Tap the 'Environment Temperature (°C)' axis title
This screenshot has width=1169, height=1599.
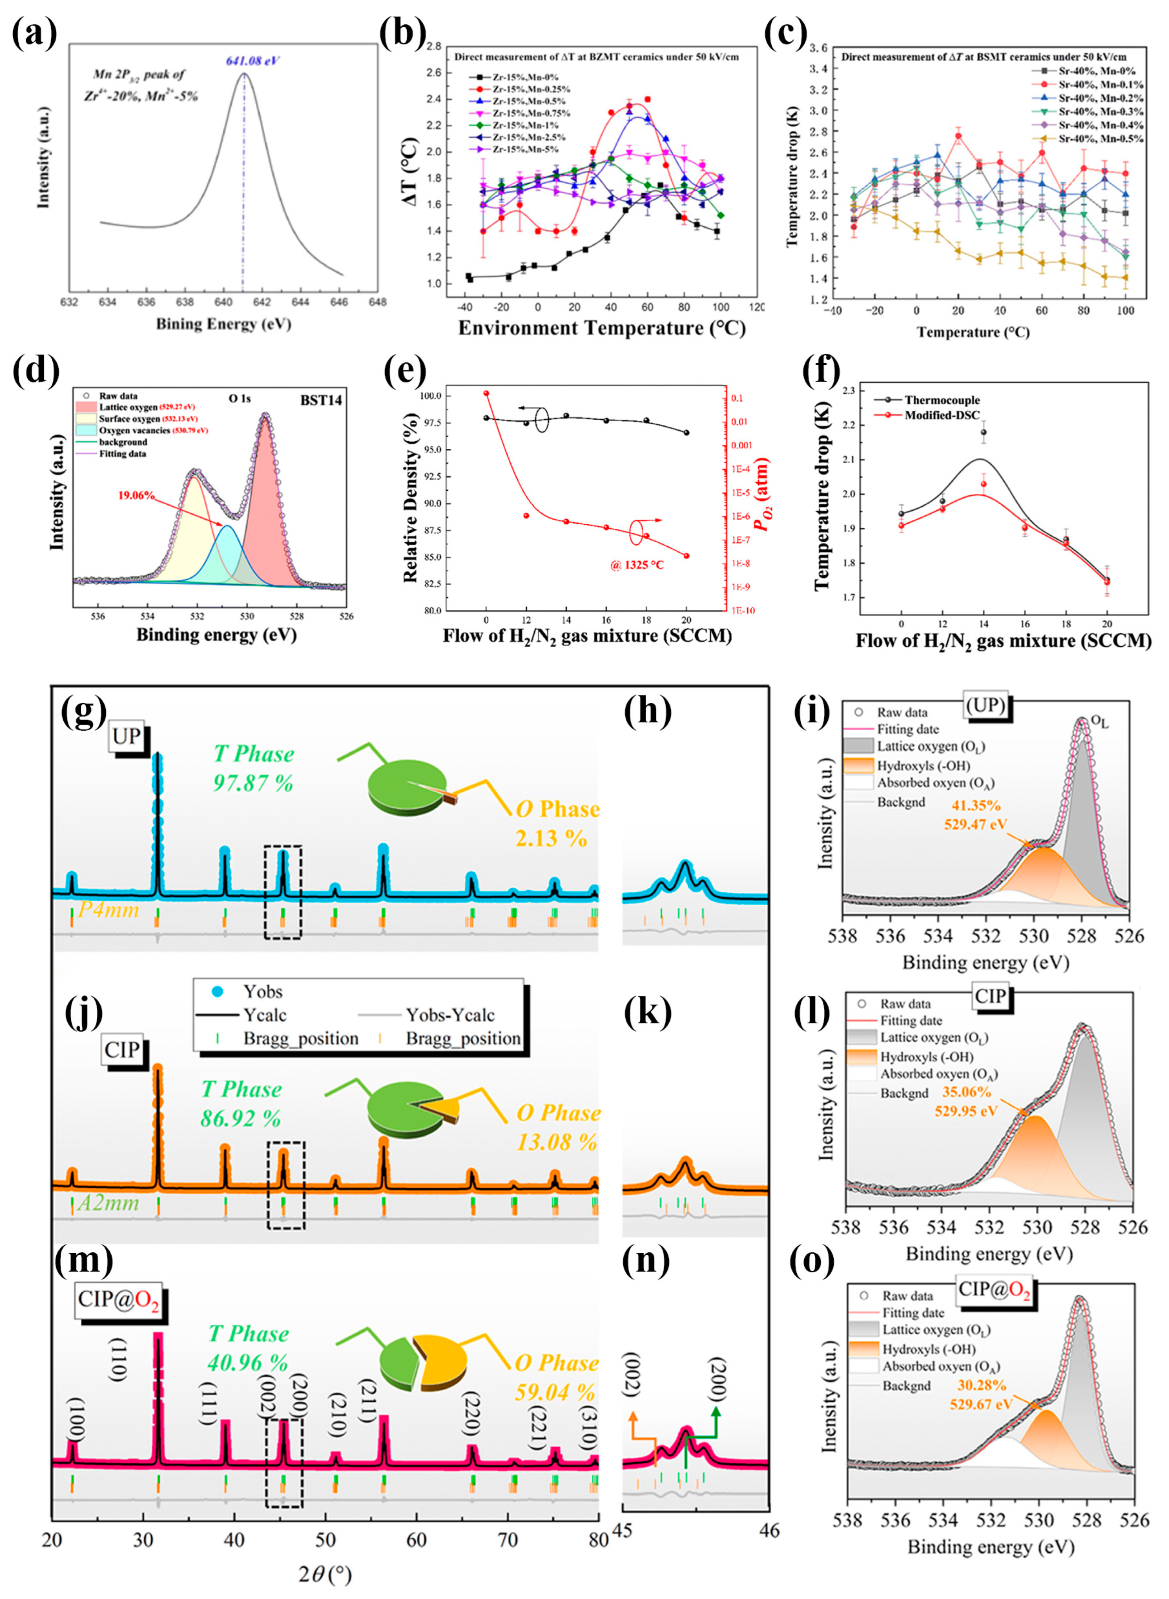601,329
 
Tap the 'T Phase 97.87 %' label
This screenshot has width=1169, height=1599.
253,768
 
